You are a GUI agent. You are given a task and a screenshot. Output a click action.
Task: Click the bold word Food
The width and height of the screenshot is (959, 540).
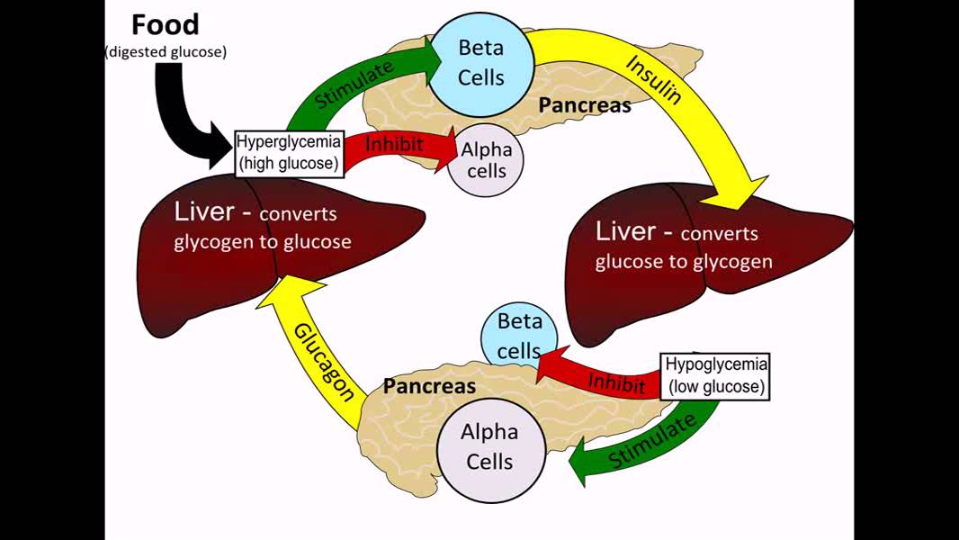click(166, 24)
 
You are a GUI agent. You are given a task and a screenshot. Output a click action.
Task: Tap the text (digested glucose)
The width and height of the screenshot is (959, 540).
click(166, 52)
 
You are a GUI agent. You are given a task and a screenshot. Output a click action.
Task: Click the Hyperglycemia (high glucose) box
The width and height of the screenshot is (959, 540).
click(289, 152)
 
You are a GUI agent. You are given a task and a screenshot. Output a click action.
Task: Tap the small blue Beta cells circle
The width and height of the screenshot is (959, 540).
click(519, 335)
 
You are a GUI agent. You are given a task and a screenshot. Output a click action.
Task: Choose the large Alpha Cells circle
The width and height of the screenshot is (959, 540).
click(489, 447)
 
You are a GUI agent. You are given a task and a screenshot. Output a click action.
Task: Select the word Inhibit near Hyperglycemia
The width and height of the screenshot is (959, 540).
click(394, 143)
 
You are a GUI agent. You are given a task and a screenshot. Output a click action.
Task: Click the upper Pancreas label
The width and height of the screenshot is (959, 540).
click(584, 104)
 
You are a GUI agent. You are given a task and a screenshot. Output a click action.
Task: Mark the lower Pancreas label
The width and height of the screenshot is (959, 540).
click(429, 387)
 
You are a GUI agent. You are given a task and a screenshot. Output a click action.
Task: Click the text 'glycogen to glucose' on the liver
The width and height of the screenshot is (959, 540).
click(262, 241)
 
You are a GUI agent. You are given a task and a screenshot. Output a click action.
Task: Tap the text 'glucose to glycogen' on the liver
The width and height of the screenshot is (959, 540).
click(683, 261)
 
